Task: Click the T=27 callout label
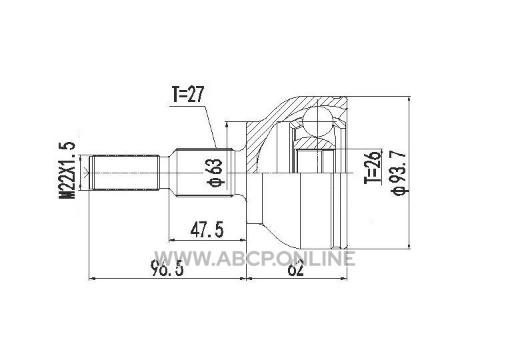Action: [x=187, y=94]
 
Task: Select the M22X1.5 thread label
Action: [x=67, y=170]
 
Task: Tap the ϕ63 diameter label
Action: [x=215, y=173]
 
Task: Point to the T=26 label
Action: [x=372, y=167]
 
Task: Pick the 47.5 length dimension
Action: [x=207, y=230]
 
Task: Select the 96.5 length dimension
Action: [x=167, y=269]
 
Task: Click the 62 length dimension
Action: [x=295, y=269]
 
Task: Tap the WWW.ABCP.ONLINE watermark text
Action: [x=255, y=259]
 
